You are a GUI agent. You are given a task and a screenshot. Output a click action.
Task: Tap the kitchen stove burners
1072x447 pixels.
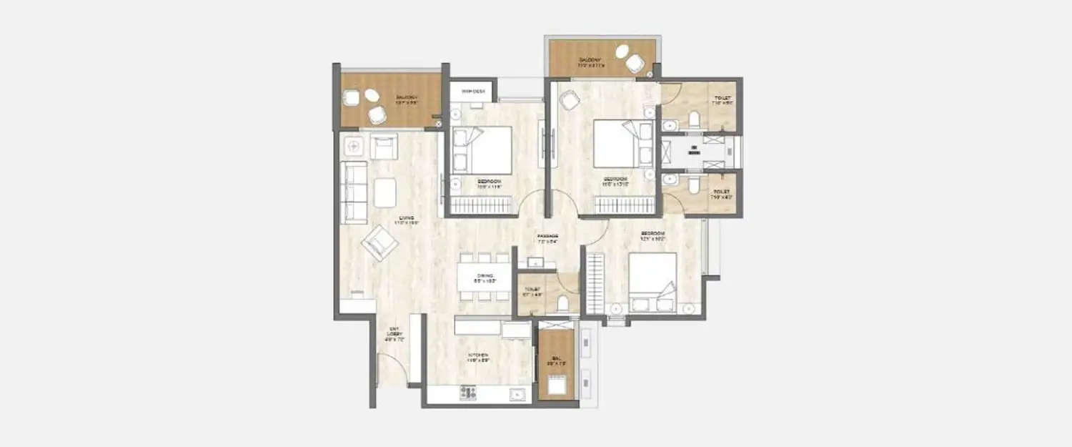(468, 392)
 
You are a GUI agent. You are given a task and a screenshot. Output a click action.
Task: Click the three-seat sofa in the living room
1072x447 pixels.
(354, 192)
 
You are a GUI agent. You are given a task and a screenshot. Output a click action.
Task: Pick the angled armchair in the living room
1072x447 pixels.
(379, 242)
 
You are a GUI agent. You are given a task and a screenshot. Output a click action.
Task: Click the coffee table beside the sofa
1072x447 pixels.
(385, 192)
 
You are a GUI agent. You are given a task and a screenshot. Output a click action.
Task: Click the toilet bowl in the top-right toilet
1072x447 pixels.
(695, 119)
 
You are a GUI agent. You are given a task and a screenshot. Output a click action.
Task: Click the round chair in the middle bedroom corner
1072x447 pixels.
(569, 102)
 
